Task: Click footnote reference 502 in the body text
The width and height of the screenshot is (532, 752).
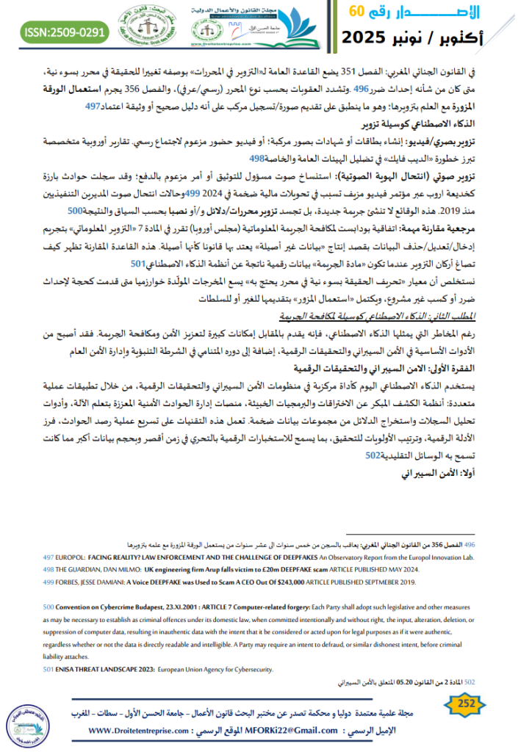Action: [374, 454]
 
